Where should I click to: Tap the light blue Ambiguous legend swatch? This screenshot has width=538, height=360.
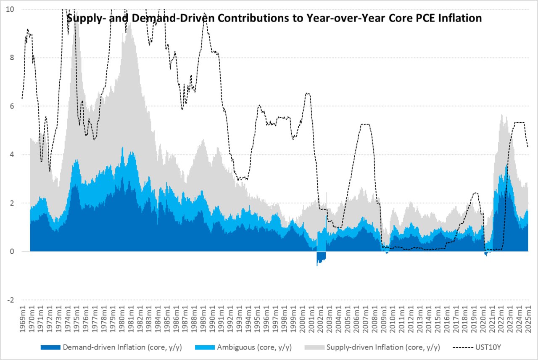point(205,347)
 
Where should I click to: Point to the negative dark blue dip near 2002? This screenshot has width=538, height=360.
point(321,257)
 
